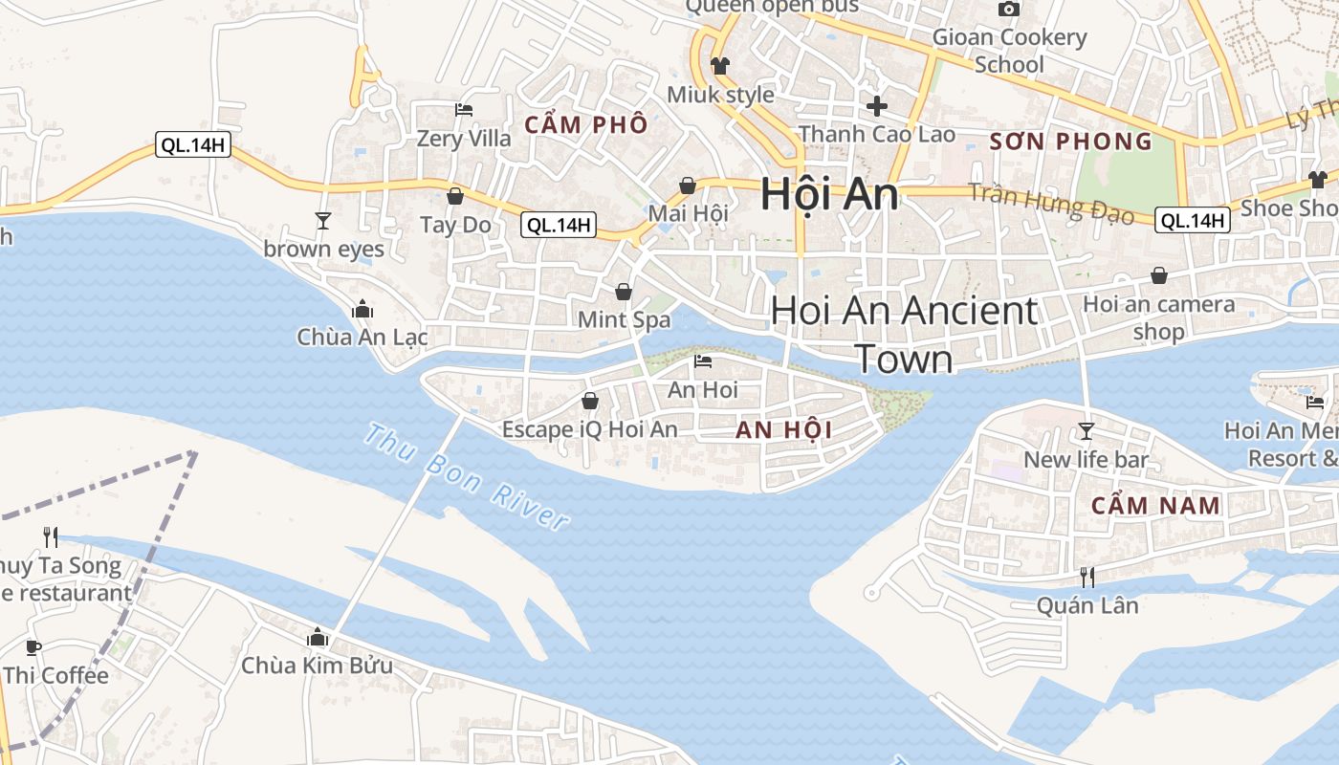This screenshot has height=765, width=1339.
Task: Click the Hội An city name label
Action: click(x=829, y=194)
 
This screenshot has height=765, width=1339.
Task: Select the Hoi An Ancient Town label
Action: click(x=904, y=335)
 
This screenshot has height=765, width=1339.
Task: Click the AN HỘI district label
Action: click(x=784, y=430)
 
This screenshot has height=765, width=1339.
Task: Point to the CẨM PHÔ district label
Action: click(x=586, y=124)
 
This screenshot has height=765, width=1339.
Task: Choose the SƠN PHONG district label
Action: click(x=1070, y=142)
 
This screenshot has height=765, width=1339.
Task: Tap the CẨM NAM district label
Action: click(x=1155, y=505)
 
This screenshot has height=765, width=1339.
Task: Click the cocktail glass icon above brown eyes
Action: click(x=323, y=221)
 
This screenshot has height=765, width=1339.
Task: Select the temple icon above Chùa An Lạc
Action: click(x=362, y=309)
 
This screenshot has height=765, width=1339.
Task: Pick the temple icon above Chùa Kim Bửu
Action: click(x=317, y=637)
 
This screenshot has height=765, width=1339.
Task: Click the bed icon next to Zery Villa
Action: click(x=464, y=110)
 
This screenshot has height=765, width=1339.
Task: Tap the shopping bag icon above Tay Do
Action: click(x=455, y=197)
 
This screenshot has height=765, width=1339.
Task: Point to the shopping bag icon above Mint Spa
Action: click(x=624, y=291)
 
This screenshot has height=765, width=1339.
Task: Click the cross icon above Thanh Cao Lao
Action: click(x=876, y=106)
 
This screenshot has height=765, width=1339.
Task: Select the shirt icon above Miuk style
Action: click(x=719, y=66)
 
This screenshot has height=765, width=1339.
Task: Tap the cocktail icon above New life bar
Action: click(x=1087, y=431)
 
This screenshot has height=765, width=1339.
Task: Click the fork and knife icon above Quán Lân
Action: click(x=1087, y=577)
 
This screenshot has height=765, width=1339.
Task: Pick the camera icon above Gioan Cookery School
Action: click(x=1008, y=10)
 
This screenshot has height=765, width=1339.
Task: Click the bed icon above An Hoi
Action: click(x=703, y=361)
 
